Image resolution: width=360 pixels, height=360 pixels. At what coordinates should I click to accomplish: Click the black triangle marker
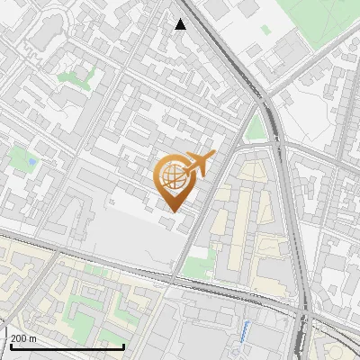coord(180,24)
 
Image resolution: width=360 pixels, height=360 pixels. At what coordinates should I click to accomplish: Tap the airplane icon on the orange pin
coord(198,164)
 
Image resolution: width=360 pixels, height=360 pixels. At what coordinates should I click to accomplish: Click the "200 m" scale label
coord(24,338)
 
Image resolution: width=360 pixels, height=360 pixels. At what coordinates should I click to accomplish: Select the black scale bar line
coord(67,346)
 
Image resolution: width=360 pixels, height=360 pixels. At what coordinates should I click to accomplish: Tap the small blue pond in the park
coord(32,161)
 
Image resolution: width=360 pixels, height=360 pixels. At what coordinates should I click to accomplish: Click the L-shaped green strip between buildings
coord(76,78)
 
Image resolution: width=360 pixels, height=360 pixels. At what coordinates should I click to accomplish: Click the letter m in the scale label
coord(32,338)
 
